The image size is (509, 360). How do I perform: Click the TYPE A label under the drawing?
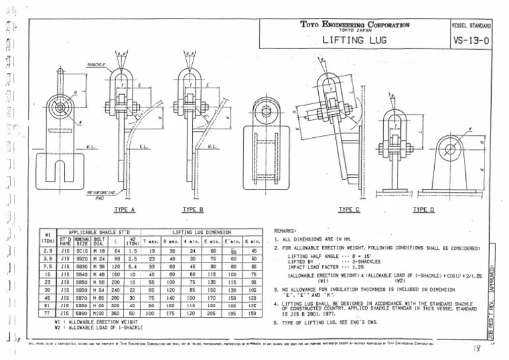[x=124, y=210]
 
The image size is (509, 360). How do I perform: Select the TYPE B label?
[x=193, y=210]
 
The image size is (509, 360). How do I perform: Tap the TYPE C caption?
[x=349, y=210]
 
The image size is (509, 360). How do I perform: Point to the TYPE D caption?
[x=424, y=210]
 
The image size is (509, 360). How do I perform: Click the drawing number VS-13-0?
[x=472, y=40]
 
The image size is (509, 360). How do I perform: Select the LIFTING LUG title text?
[x=354, y=40]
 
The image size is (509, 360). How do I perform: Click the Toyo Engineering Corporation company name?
[x=355, y=25]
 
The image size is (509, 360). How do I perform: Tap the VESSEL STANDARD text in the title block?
[x=471, y=25]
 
